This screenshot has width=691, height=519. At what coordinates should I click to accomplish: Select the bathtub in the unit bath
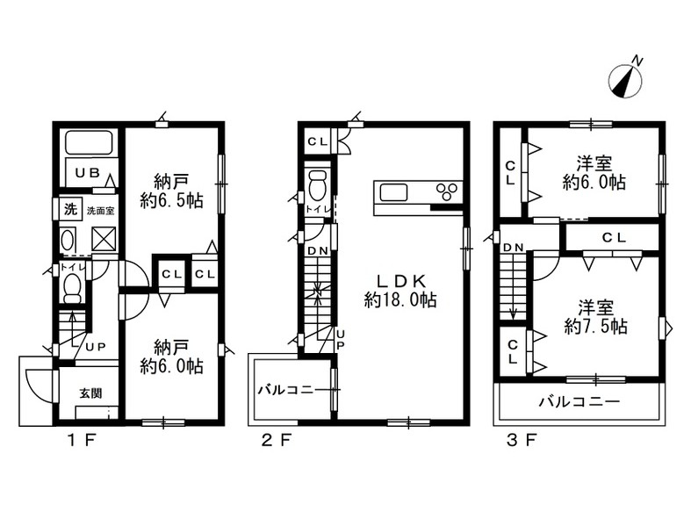coord(89,142)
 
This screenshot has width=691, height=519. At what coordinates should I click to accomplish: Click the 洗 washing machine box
coord(70,209)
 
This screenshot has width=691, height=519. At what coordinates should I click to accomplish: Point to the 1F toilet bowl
coord(72,286)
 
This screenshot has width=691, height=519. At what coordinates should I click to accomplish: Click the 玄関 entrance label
coord(90,393)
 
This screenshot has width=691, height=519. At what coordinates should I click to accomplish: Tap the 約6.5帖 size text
coord(171,201)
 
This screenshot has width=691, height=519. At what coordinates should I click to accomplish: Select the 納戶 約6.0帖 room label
coord(171,357)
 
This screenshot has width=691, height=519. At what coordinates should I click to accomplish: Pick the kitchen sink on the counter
coord(394,192)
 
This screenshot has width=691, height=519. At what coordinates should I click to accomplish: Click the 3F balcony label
coord(580,401)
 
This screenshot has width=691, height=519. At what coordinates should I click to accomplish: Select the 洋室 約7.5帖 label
coord(596,318)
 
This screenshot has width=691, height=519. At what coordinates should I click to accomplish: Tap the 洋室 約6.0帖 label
coord(594,173)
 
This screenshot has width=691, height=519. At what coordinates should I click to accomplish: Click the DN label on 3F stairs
coord(513,248)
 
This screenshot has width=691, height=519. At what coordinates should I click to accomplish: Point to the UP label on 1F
coord(96,347)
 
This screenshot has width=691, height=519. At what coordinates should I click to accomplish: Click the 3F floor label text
coord(522,440)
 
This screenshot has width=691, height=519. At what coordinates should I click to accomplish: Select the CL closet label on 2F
coord(318,142)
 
